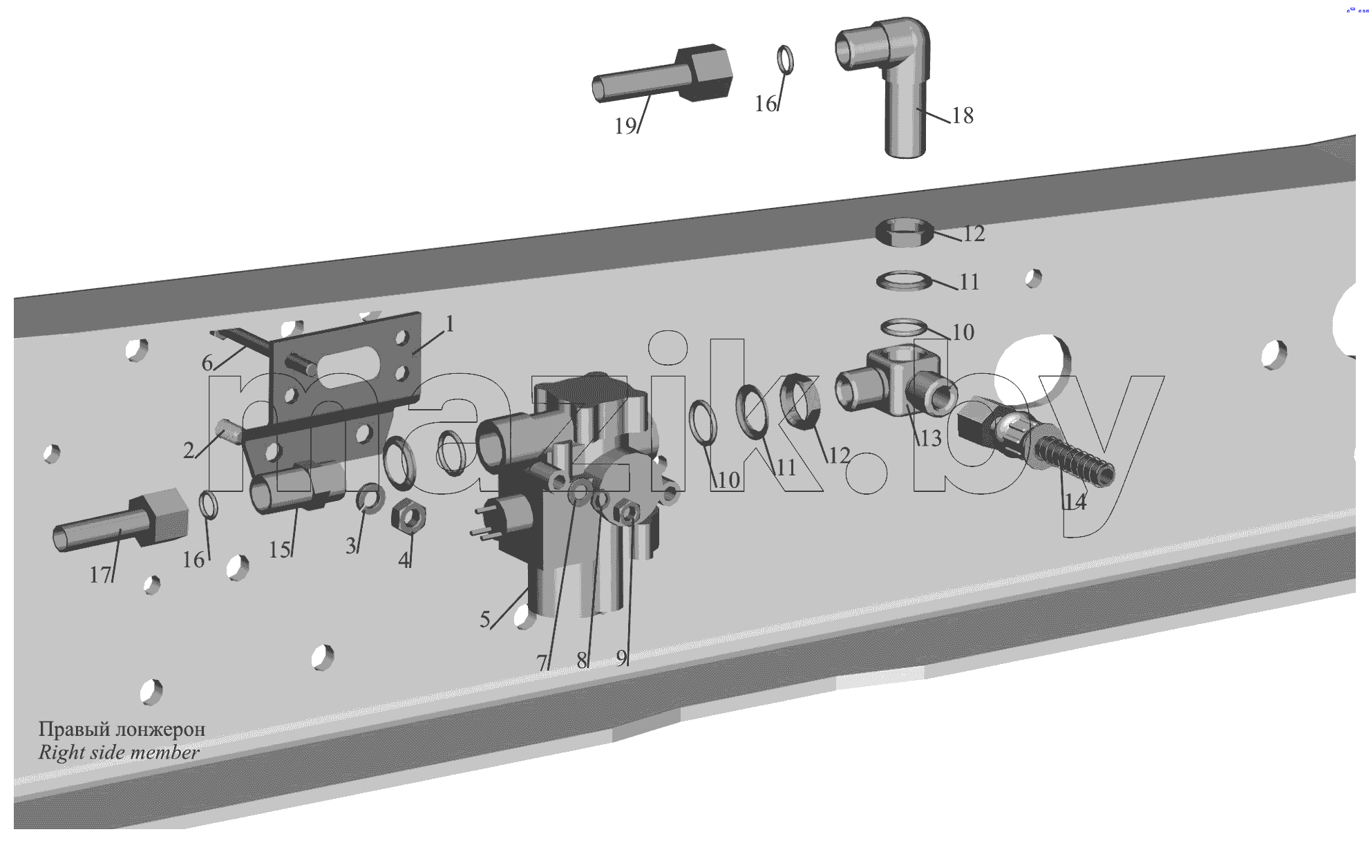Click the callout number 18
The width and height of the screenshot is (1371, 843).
pyautogui.click(x=963, y=115)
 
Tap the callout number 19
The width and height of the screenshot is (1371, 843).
pyautogui.click(x=625, y=126)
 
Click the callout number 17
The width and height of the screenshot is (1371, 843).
pyautogui.click(x=100, y=574)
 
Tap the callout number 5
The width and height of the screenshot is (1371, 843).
pyautogui.click(x=485, y=619)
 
